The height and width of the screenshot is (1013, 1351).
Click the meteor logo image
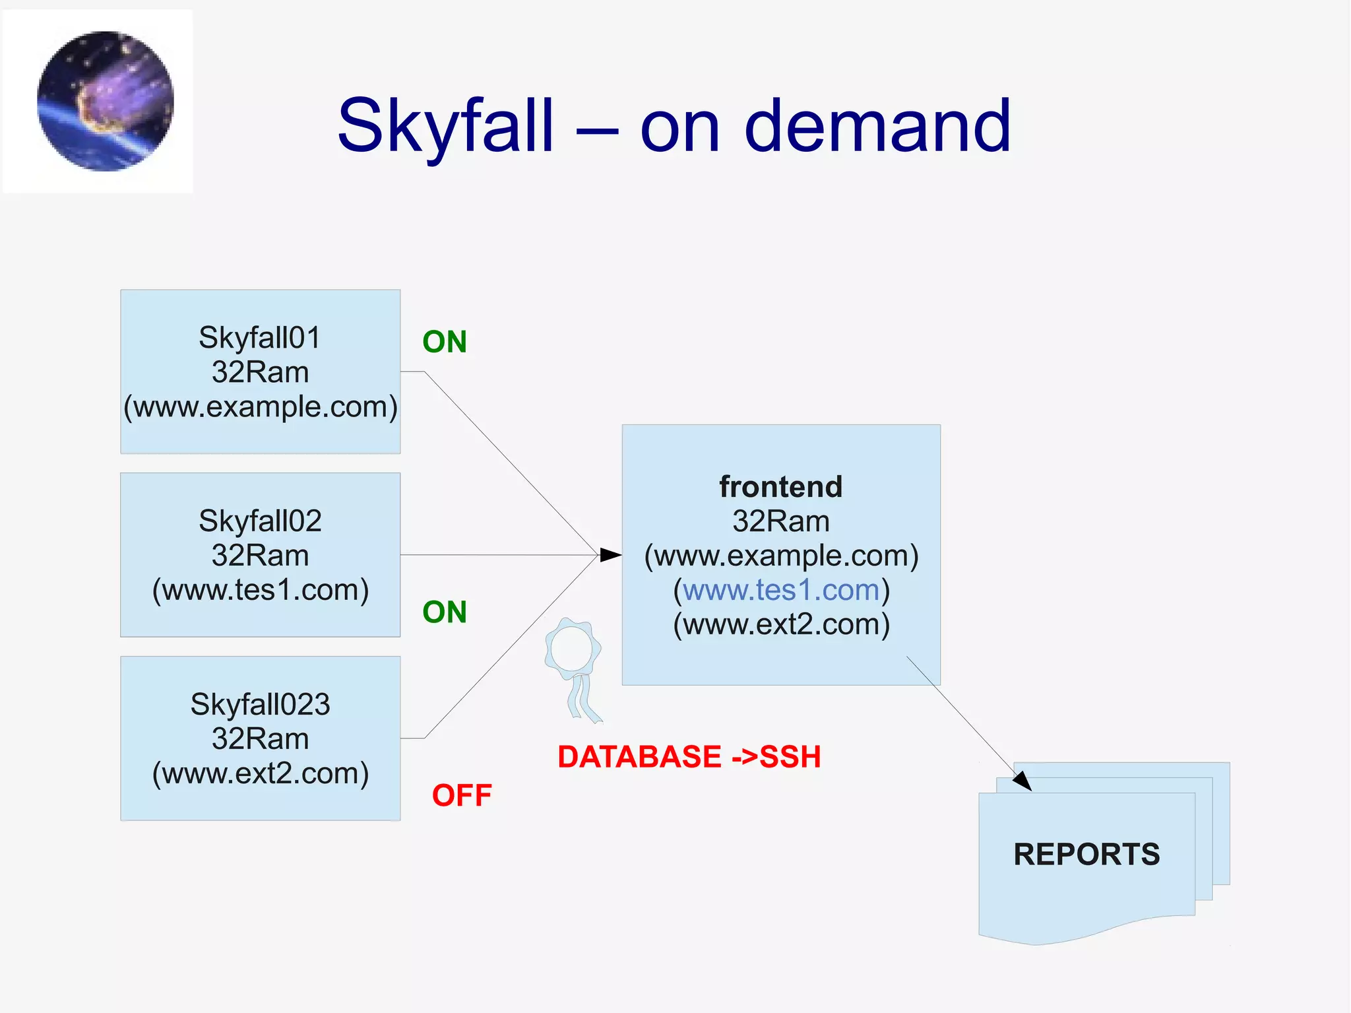(x=106, y=101)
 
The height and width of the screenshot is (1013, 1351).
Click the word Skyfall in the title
(x=446, y=125)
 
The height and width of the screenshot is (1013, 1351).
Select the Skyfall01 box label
(x=260, y=338)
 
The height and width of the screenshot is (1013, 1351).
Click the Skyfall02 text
(x=260, y=521)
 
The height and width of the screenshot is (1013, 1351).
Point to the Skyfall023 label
(x=260, y=704)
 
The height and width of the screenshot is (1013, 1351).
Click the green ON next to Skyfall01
(x=445, y=342)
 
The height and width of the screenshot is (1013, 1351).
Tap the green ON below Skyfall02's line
(x=445, y=612)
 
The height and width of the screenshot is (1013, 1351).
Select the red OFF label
(x=462, y=795)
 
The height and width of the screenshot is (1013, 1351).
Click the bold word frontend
(x=781, y=487)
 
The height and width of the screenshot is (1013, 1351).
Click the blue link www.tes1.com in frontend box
(x=781, y=590)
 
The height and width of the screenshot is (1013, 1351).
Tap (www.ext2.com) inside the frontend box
(x=781, y=624)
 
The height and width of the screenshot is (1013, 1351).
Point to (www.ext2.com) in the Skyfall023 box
(x=260, y=773)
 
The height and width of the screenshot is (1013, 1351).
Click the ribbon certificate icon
(x=573, y=667)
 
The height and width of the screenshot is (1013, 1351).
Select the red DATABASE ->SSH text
(x=689, y=756)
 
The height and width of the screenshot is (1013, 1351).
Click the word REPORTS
(x=1086, y=854)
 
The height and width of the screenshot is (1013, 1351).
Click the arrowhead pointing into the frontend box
(x=611, y=555)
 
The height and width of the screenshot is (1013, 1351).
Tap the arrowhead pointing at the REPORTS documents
(x=1022, y=781)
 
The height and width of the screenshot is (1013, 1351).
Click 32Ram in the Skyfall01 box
(x=260, y=372)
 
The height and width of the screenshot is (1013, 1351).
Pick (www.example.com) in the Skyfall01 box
(x=260, y=407)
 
